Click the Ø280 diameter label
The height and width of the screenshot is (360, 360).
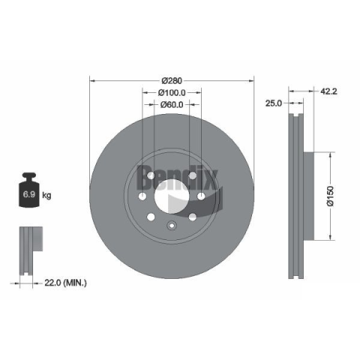click(172, 81)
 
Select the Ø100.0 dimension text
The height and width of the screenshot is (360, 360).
click(172, 93)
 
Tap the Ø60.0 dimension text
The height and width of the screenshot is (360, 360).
click(172, 104)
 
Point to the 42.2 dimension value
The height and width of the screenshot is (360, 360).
click(328, 91)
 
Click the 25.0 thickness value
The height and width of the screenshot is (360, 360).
click(274, 103)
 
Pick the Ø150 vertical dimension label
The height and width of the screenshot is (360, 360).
click(330, 196)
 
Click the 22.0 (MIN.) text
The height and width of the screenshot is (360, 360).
click(65, 283)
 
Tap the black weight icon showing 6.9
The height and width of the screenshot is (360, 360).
click(29, 190)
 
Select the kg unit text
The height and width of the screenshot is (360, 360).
click(46, 195)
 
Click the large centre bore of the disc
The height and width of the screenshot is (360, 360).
click(172, 196)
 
